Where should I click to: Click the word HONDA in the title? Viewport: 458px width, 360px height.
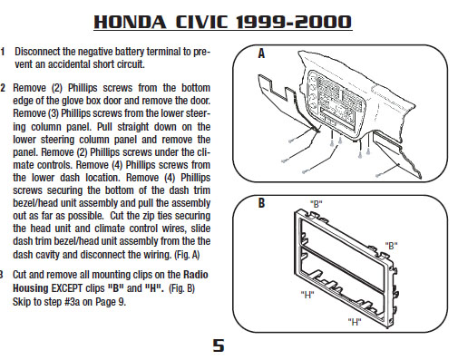click(131, 22)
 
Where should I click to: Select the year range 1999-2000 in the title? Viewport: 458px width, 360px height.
click(293, 22)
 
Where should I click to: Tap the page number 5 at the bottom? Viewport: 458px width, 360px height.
click(219, 345)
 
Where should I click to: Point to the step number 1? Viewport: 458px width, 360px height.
click(3, 52)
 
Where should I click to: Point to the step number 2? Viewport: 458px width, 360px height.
click(3, 88)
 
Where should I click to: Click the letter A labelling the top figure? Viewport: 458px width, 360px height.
click(261, 54)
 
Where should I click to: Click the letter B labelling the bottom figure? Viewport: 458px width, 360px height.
click(261, 203)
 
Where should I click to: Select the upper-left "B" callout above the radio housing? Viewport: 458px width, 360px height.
click(316, 204)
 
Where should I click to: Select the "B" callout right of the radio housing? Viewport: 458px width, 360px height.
click(391, 246)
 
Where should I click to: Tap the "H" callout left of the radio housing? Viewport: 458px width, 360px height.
click(307, 295)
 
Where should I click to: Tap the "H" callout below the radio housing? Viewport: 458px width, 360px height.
click(355, 322)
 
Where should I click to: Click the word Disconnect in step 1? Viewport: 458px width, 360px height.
click(38, 52)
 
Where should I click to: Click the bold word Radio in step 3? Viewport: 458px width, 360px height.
click(196, 275)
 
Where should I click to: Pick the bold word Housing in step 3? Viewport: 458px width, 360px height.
click(31, 288)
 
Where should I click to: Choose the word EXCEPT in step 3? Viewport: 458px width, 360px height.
click(67, 288)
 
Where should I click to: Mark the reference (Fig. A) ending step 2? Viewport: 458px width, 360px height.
click(187, 255)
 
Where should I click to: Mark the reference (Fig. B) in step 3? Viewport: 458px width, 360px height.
click(181, 288)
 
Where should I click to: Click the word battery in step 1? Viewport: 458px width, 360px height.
click(130, 52)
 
